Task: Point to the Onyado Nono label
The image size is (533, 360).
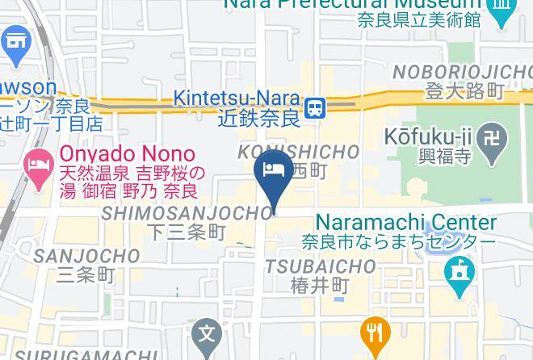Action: tap(126, 153)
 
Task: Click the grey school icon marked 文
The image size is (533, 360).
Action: tap(208, 333)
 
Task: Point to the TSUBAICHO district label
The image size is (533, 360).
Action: tap(321, 266)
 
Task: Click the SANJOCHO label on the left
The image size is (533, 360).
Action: tap(86, 255)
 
